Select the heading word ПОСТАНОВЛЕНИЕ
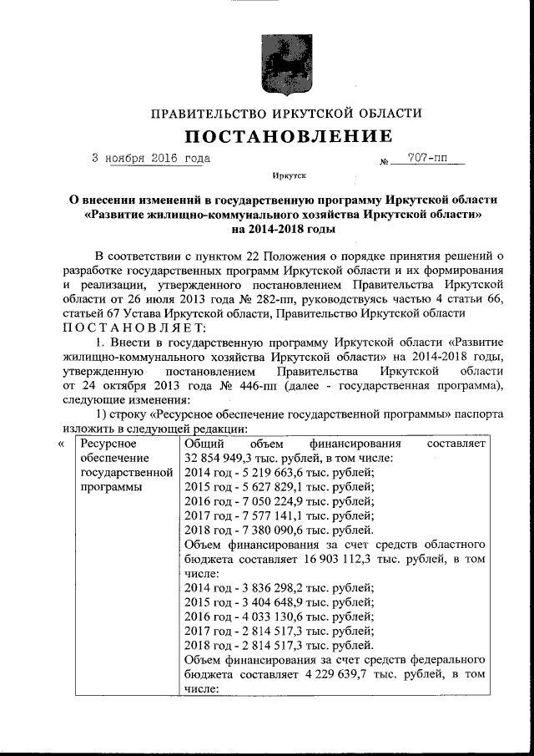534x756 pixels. point(286,136)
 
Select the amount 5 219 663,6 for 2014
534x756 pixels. point(265,472)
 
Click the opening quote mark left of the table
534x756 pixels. point(61,443)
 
